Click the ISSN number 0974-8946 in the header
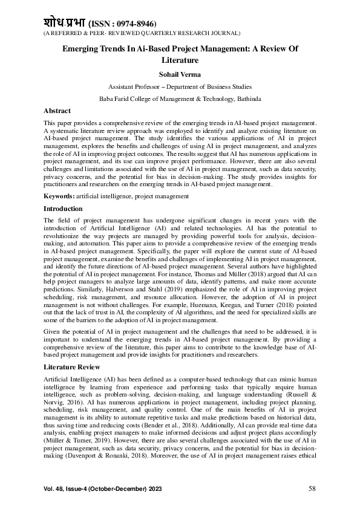click(x=128, y=23)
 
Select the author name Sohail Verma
click(x=180, y=74)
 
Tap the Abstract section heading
click(x=57, y=111)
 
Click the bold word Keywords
click(x=59, y=197)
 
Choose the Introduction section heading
click(x=64, y=209)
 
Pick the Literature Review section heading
click(x=71, y=367)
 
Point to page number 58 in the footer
click(x=312, y=488)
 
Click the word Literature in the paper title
click(x=180, y=60)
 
